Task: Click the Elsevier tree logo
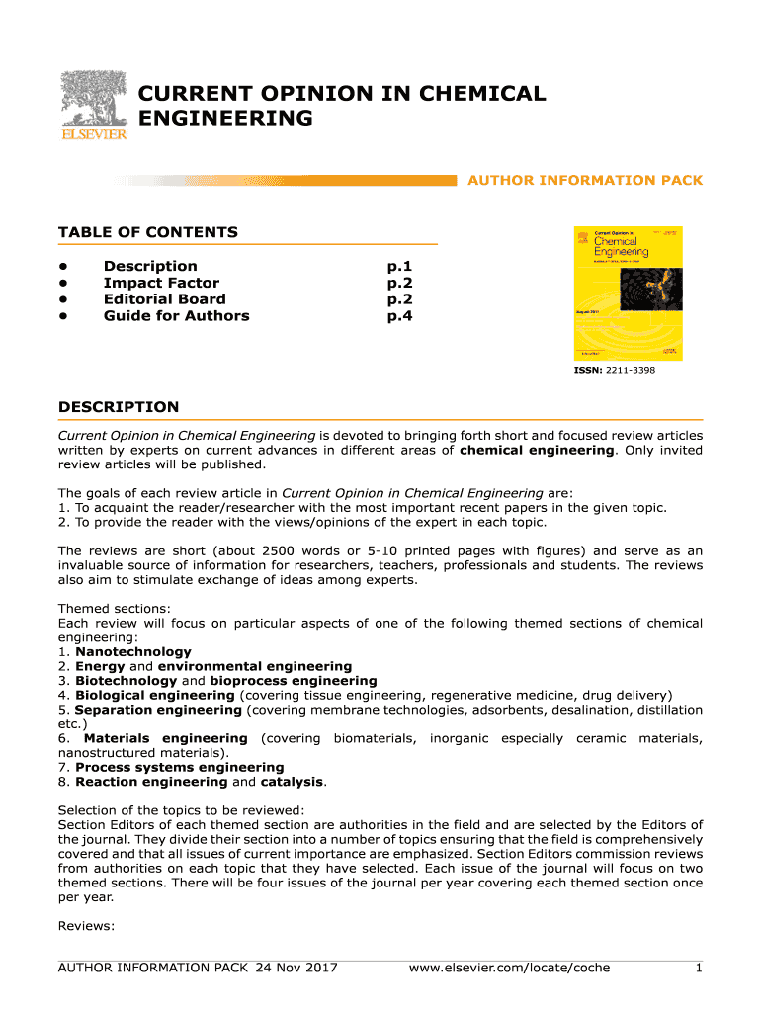click(93, 105)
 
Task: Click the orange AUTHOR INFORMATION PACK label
click(584, 180)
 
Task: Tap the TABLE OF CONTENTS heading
click(148, 232)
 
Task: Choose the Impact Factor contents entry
click(161, 283)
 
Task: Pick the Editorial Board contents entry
click(164, 299)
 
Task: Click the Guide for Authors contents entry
click(176, 316)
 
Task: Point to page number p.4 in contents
click(399, 316)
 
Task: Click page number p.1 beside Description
click(399, 266)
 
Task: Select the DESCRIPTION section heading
click(119, 407)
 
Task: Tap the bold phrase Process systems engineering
click(179, 767)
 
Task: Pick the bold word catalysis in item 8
click(292, 782)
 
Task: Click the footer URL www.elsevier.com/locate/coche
click(509, 968)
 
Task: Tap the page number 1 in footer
click(698, 968)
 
